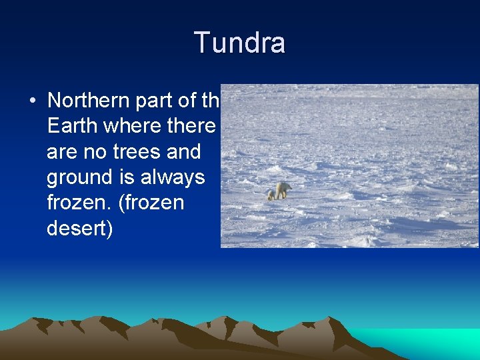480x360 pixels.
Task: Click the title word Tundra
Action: click(x=239, y=43)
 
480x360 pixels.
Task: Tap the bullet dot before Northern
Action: click(x=32, y=101)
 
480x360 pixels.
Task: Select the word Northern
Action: click(x=88, y=101)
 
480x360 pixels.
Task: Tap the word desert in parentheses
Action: click(x=79, y=229)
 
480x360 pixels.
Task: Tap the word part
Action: click(x=157, y=101)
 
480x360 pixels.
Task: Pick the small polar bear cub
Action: click(x=271, y=195)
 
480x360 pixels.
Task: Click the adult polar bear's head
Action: click(x=289, y=187)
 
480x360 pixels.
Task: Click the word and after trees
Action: click(x=183, y=152)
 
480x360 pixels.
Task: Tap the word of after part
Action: click(x=190, y=101)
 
